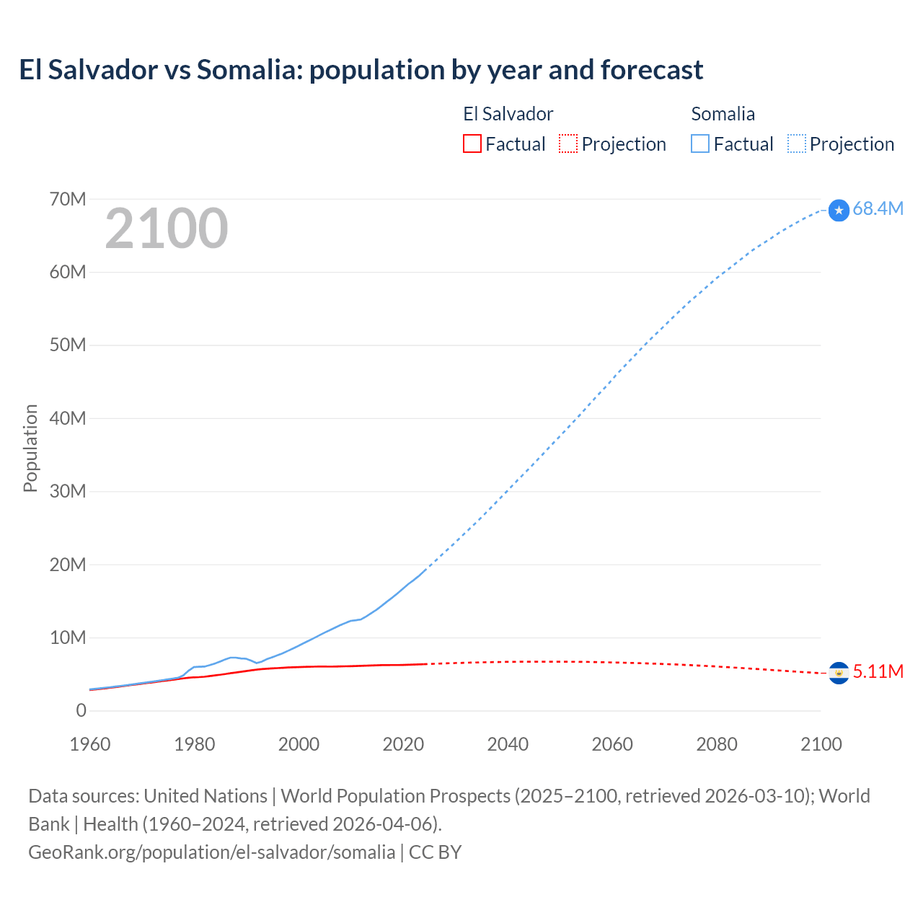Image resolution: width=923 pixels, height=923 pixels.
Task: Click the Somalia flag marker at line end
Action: (839, 211)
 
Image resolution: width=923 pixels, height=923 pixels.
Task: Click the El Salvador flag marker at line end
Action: (839, 673)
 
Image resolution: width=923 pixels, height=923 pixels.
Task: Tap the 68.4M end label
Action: (878, 209)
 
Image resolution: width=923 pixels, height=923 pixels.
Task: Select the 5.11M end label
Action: (878, 671)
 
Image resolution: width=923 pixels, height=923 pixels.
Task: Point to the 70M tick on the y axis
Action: (68, 199)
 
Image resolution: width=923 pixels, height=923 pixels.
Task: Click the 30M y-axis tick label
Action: (68, 491)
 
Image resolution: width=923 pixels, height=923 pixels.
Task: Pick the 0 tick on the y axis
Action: (81, 710)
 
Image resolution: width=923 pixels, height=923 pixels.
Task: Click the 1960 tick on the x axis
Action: (90, 744)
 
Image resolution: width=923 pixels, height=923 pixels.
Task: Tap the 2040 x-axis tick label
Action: (508, 744)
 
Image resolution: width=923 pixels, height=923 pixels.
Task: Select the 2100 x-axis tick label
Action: (821, 744)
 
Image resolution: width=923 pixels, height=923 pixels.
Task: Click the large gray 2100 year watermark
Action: (167, 229)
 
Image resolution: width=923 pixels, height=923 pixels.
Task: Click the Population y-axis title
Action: (30, 448)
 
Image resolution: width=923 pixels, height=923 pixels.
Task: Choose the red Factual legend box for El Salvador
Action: (472, 143)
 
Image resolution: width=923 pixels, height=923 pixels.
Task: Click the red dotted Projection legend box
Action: (568, 143)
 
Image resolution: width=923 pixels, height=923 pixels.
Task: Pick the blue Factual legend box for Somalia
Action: (700, 143)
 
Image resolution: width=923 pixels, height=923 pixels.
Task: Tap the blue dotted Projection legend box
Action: (797, 143)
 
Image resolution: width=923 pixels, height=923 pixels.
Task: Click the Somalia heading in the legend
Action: (723, 114)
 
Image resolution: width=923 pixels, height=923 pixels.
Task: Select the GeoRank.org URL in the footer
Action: (211, 852)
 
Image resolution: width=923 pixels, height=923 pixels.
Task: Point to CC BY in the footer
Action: (435, 852)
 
